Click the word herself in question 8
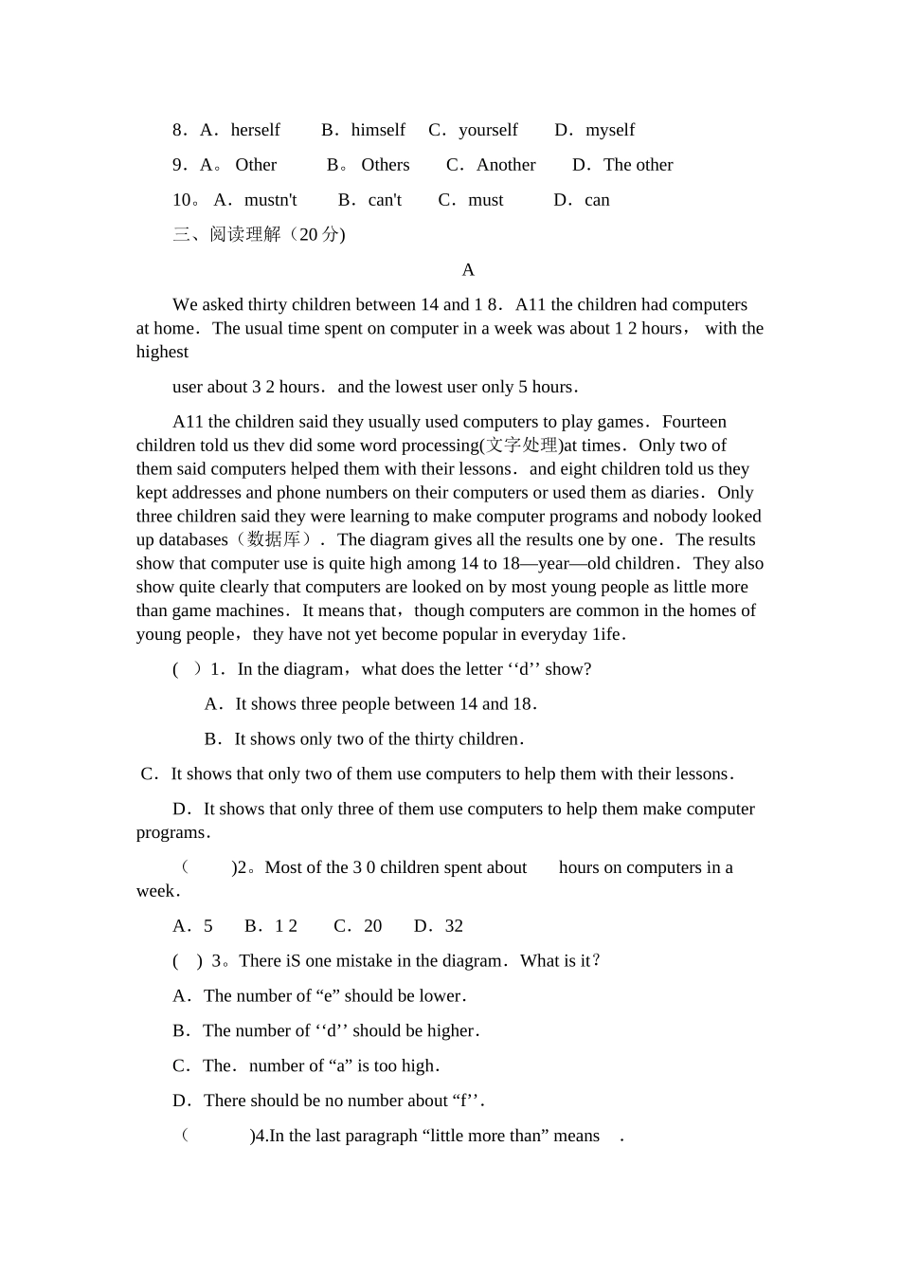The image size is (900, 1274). (255, 130)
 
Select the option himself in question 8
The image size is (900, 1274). (378, 130)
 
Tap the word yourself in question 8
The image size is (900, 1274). (488, 130)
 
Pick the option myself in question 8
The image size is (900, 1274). (610, 130)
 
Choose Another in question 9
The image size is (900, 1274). (506, 165)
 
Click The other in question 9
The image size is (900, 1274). (638, 165)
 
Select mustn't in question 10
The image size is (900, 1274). (270, 200)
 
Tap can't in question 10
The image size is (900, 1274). (385, 200)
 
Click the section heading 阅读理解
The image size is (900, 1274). (245, 234)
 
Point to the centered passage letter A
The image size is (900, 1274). (468, 270)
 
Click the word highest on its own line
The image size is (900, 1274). (162, 352)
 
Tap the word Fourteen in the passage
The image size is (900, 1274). (694, 422)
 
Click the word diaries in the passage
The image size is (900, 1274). (675, 493)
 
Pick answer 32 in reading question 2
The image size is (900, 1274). (454, 926)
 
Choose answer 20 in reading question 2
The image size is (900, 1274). (372, 926)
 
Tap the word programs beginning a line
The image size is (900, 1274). (171, 833)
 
